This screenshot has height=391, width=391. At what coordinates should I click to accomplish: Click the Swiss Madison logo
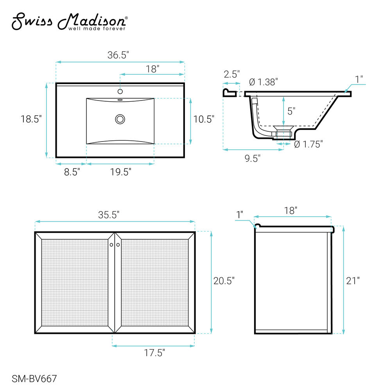coord(70,22)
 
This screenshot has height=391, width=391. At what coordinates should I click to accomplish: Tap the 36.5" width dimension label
coord(118,55)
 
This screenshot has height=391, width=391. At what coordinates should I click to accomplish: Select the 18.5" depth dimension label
coord(31,119)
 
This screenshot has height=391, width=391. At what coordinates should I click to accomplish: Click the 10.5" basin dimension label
coord(204,119)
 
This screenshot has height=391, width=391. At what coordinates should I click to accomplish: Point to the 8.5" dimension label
coord(72,172)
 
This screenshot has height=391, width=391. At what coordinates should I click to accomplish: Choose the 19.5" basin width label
coord(121,172)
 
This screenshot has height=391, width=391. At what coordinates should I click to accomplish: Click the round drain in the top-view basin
coord(120,119)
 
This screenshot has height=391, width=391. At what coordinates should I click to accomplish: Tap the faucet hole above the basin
coord(120,91)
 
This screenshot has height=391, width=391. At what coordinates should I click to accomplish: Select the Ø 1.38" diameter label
coord(263,82)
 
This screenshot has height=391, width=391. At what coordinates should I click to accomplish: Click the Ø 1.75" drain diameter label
coord(308,144)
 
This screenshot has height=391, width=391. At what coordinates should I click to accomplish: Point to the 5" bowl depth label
coord(291,111)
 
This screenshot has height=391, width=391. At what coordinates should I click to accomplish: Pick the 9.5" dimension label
coord(252,158)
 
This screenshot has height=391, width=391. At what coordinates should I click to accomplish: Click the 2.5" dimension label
coord(231,74)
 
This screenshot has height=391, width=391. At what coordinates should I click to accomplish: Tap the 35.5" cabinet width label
coord(109,215)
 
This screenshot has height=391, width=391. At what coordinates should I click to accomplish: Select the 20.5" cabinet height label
coord(224,281)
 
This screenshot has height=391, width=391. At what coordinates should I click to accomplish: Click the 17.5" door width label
coord(154,353)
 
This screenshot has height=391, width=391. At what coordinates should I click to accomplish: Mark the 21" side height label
coord(353,281)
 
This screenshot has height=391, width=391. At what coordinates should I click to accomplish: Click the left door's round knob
coord(111,245)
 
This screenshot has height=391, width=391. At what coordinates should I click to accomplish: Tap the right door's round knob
coord(118,245)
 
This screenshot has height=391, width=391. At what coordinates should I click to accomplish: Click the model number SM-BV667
coord(34,379)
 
